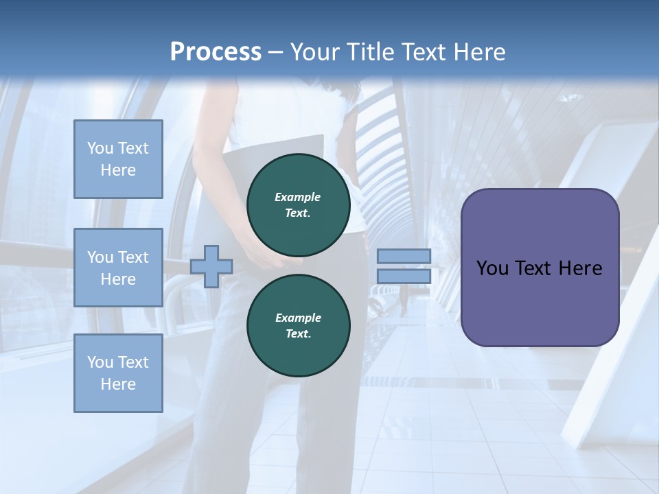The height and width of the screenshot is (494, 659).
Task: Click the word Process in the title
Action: click(x=216, y=52)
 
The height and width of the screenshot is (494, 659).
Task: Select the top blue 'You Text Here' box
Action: click(x=118, y=159)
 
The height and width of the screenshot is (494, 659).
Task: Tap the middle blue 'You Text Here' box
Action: click(x=118, y=268)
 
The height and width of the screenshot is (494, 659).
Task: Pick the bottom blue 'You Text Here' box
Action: click(x=118, y=373)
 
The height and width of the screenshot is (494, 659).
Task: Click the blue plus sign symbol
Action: click(x=211, y=266)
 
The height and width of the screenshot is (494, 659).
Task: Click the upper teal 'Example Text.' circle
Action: click(x=298, y=204)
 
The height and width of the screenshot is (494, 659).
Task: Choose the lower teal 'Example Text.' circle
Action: click(x=298, y=325)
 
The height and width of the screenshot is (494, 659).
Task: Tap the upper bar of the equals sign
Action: click(x=404, y=256)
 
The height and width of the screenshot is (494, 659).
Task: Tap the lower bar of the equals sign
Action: click(x=404, y=276)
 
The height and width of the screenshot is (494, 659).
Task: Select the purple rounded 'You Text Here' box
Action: click(x=540, y=268)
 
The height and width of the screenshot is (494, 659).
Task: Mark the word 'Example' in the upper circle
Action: click(x=298, y=197)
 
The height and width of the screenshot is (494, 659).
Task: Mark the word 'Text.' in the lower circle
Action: click(x=298, y=334)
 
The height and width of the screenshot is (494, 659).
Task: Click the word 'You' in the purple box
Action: click(x=492, y=268)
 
